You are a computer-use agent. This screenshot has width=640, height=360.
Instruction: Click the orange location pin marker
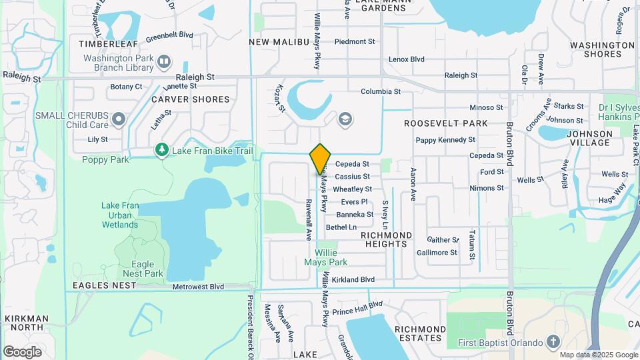click(x=321, y=159)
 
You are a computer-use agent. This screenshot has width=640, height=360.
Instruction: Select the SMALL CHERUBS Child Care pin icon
click(x=119, y=120)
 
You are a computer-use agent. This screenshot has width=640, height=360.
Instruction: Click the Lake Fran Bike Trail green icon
click(x=161, y=151)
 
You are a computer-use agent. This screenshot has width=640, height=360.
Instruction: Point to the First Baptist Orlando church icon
click(x=553, y=343)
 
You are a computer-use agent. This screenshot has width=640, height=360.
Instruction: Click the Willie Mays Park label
click(x=335, y=257)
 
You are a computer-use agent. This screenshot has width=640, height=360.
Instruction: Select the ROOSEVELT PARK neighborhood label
click(x=445, y=123)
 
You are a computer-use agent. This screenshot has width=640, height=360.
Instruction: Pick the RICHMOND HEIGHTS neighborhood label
click(x=386, y=239)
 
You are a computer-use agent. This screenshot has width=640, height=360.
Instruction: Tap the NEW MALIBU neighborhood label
click(x=279, y=42)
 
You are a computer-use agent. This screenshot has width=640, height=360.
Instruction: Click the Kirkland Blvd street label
click(x=353, y=280)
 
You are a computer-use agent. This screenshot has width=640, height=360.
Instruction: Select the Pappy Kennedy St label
click(x=445, y=140)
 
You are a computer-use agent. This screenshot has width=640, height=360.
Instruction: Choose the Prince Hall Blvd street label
click(x=357, y=308)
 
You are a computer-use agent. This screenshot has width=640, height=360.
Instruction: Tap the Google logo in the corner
click(x=22, y=351)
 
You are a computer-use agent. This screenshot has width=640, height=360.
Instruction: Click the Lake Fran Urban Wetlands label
click(x=120, y=215)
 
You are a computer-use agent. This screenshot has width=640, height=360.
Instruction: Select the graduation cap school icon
click(x=345, y=120)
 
